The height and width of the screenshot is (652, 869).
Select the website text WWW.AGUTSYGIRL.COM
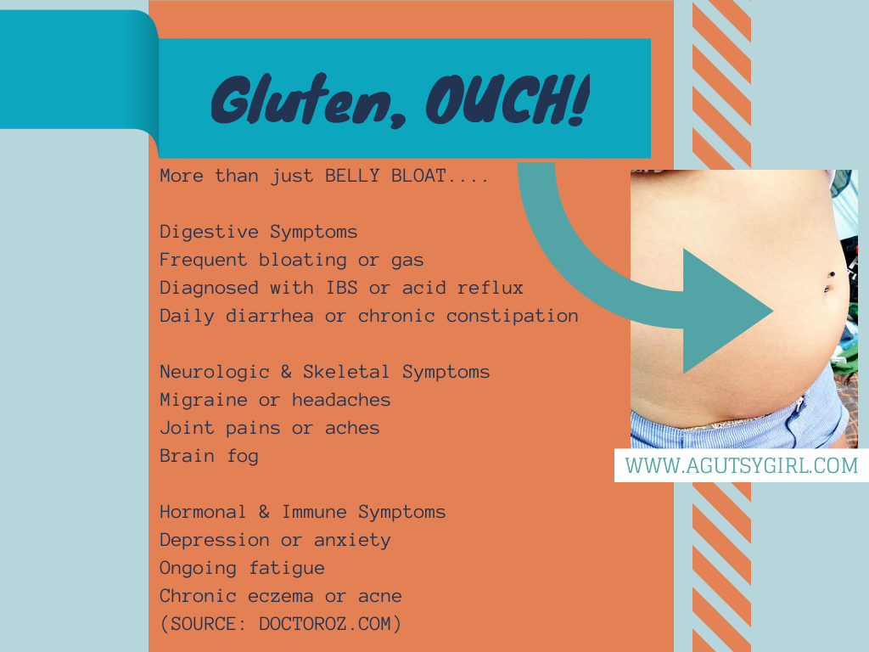[742, 466]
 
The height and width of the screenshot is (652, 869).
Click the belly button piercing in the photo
[829, 281]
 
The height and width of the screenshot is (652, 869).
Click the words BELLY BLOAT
[385, 176]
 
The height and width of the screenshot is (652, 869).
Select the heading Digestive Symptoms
[258, 233]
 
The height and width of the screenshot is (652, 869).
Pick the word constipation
[512, 316]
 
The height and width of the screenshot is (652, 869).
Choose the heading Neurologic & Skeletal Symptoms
[324, 372]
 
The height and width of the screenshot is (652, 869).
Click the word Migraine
[204, 401]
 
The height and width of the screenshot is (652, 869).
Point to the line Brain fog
[209, 456]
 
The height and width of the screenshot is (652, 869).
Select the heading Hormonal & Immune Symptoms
[303, 512]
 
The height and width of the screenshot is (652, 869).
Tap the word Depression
[215, 541]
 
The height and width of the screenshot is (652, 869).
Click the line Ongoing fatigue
[242, 568]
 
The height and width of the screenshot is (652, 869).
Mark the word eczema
[280, 597]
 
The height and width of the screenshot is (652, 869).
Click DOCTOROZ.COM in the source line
[324, 624]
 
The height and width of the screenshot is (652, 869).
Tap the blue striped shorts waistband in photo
[737, 427]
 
